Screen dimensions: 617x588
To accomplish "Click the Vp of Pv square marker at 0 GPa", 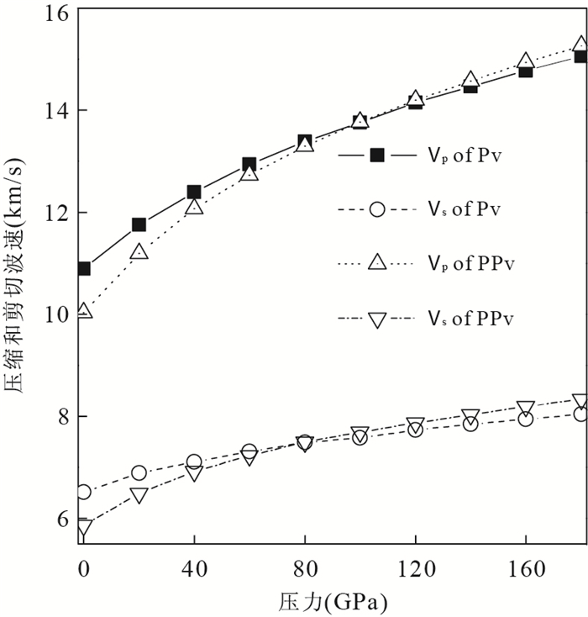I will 84,269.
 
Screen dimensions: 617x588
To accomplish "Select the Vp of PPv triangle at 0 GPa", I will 84,311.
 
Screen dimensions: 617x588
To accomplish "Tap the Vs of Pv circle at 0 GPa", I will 84,492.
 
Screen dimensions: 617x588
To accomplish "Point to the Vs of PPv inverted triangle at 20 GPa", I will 139,496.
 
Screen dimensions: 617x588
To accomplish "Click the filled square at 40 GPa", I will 194,192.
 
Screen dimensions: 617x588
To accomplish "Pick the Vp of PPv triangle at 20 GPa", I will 139,251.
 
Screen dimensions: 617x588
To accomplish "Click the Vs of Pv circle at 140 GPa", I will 470,424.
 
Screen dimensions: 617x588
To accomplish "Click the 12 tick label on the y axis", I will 60,214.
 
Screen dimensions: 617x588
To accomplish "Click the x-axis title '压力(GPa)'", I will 333,603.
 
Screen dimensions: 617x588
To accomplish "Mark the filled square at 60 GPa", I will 249,165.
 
